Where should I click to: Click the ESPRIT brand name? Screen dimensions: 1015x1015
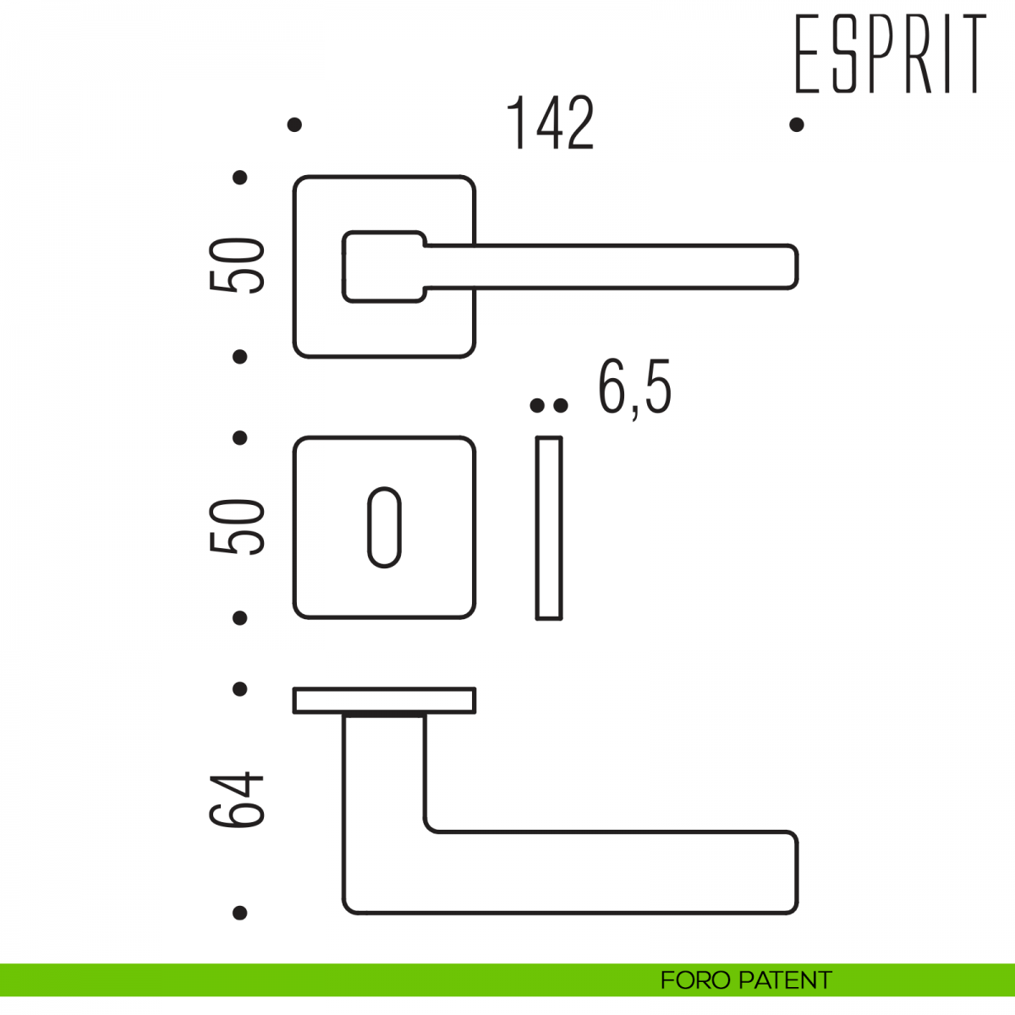pos(891,52)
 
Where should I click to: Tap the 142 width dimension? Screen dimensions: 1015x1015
pos(551,124)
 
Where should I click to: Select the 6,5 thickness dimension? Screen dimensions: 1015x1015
pos(634,388)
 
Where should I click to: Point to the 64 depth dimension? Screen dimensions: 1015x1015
pos(238,799)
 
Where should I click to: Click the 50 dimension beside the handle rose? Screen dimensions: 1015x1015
pos(238,266)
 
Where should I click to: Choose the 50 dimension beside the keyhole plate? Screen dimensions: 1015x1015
pos(238,527)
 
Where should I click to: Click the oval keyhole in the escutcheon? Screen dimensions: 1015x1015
pos(384,527)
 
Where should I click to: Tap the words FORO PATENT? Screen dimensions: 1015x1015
pos(745,980)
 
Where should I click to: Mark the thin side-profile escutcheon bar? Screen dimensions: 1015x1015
pos(549,528)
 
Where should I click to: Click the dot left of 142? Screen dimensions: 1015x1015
pos(294,124)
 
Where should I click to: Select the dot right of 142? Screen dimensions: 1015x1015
pos(796,124)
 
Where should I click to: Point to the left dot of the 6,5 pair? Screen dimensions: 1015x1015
pos(536,406)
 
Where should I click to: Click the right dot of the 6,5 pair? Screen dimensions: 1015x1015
pos(560,406)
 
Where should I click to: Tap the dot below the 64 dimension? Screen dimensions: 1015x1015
pos(240,913)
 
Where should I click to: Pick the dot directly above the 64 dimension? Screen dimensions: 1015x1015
pos(240,689)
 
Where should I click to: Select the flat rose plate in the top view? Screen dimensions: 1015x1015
pos(384,700)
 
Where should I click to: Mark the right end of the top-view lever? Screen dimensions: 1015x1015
pos(782,872)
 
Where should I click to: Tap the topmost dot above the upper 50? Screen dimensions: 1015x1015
pos(240,177)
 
